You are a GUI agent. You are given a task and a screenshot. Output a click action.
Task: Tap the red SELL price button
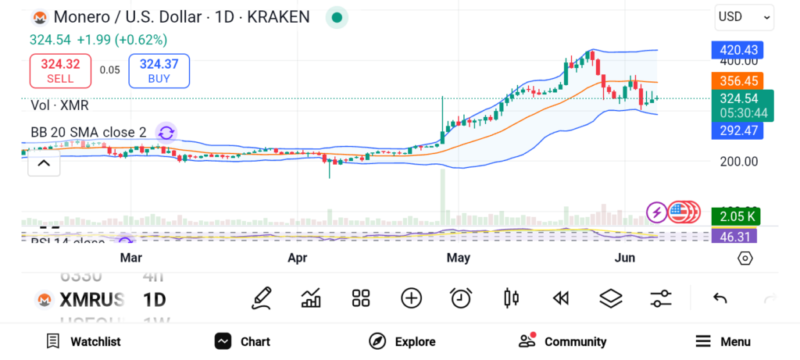tap(60, 70)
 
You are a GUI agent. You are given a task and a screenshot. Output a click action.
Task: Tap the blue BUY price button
tap(159, 70)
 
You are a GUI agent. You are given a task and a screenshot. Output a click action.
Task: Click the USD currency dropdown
tap(744, 16)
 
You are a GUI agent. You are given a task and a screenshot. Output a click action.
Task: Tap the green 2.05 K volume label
tap(737, 216)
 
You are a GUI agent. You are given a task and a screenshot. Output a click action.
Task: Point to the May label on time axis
tap(458, 258)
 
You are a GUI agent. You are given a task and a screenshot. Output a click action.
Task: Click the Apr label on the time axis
tap(298, 258)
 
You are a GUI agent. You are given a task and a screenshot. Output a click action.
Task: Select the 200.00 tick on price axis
tap(737, 162)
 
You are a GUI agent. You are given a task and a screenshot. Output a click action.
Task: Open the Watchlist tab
tap(84, 341)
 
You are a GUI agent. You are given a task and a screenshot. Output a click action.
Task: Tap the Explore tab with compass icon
tap(402, 341)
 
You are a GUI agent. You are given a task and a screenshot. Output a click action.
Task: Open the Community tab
tap(562, 341)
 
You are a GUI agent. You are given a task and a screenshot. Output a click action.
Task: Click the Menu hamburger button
tap(723, 341)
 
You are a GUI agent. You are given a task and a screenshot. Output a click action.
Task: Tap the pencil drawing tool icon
tap(262, 298)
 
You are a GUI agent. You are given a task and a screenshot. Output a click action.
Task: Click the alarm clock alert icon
tap(461, 298)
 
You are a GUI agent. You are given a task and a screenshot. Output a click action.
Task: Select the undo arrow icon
tap(720, 298)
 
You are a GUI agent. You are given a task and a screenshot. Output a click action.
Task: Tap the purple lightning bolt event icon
tap(658, 212)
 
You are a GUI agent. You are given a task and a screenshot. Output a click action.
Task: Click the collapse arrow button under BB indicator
tap(44, 164)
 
